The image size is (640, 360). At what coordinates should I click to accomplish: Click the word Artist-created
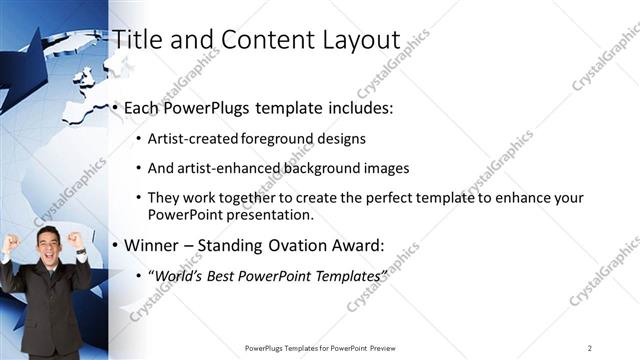click(190, 139)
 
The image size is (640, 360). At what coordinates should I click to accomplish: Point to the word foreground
click(273, 139)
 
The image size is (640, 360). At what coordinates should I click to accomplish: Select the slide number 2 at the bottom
click(589, 348)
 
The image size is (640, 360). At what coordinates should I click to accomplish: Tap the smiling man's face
click(47, 244)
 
